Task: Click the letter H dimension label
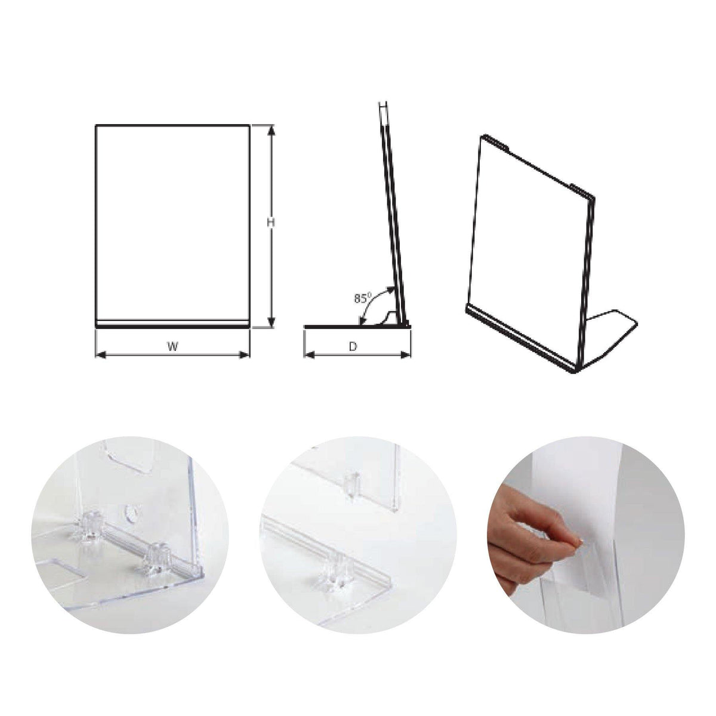(270, 222)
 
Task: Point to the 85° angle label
(362, 298)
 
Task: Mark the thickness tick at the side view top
(384, 106)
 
